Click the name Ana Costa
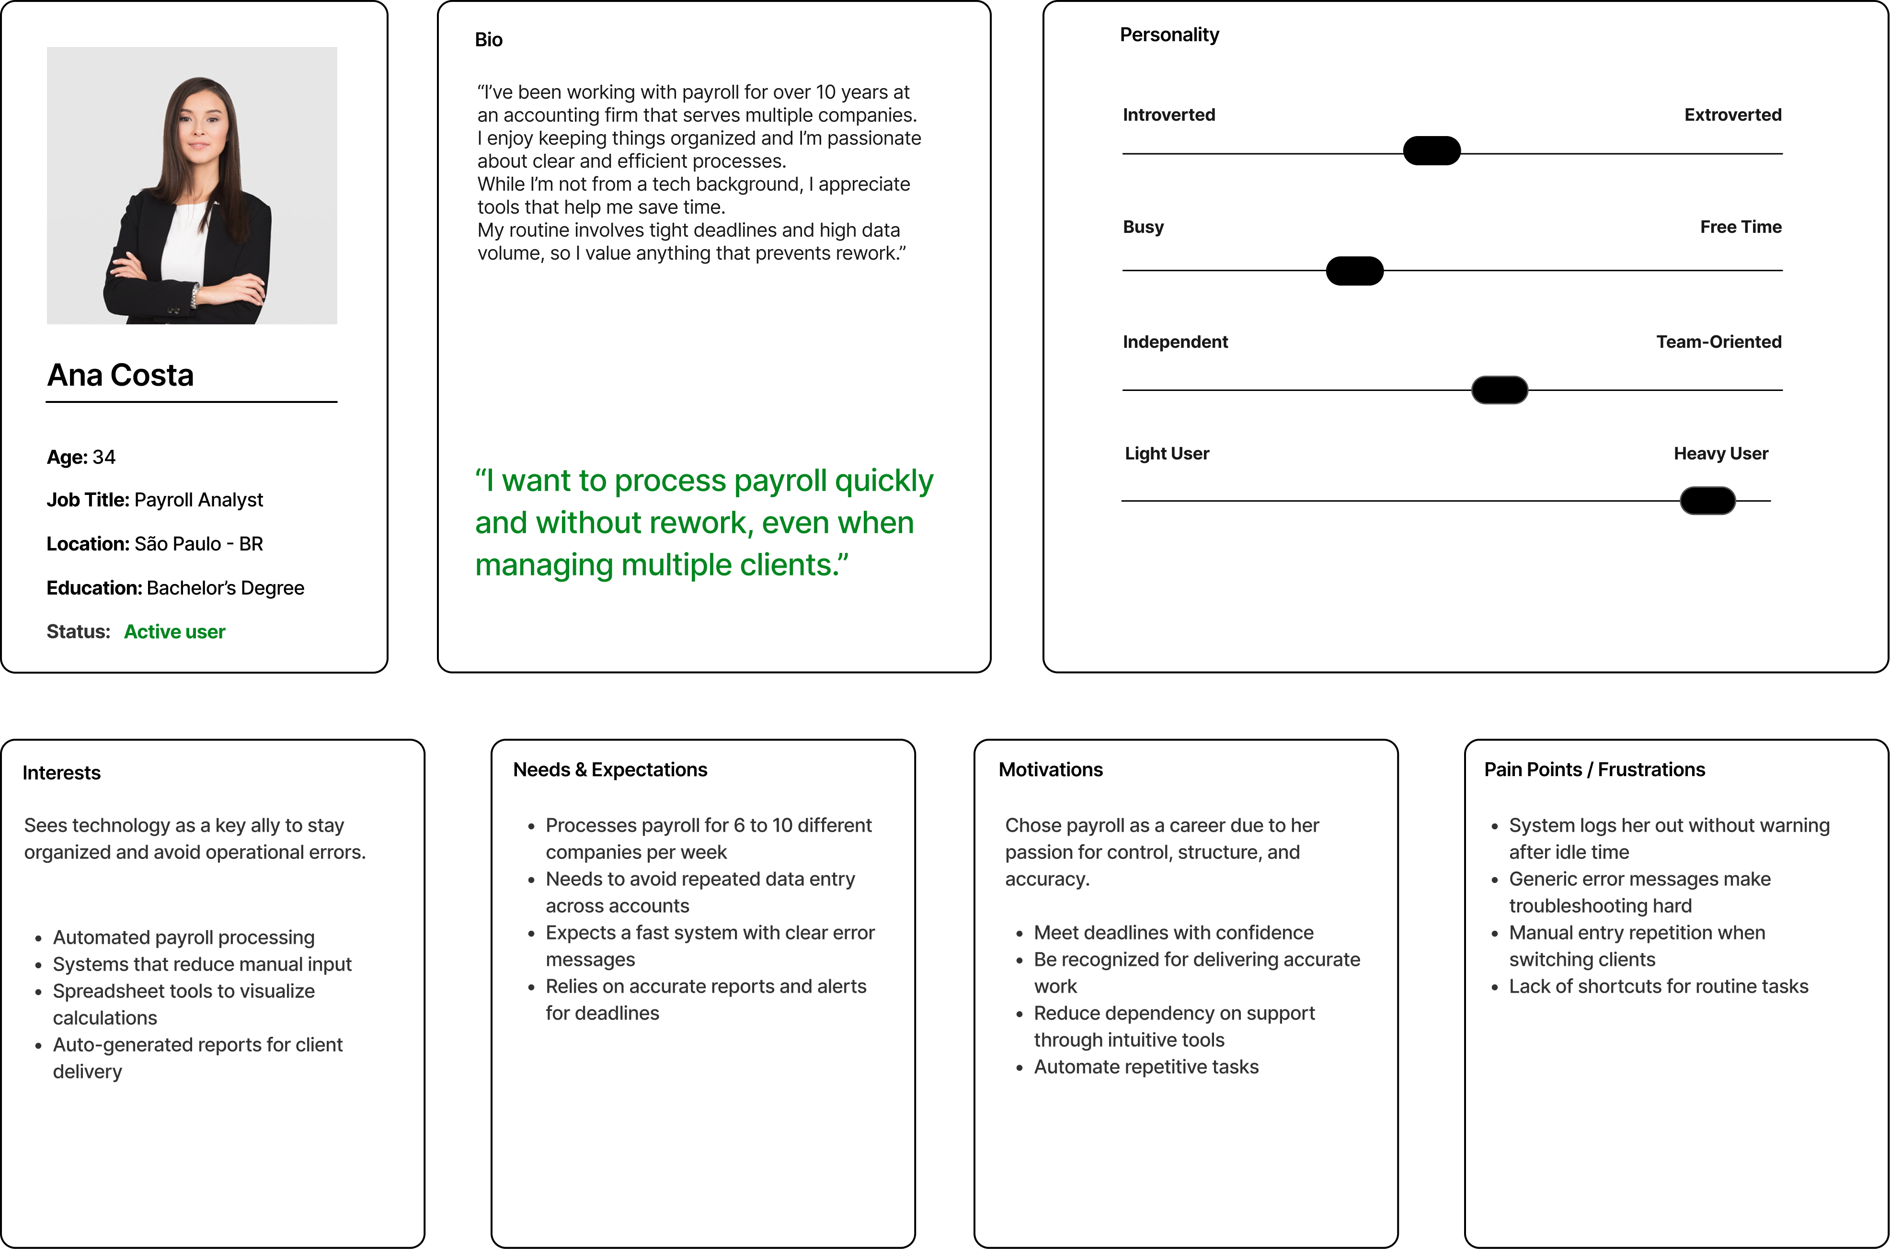point(120,375)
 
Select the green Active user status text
point(174,631)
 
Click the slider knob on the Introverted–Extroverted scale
point(1431,150)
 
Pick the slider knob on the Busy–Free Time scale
point(1354,271)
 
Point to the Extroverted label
point(1732,115)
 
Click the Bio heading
point(488,40)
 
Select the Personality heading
point(1168,35)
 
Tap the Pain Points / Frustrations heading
point(1594,769)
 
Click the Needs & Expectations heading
point(610,769)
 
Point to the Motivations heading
point(1051,769)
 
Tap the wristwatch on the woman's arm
point(195,296)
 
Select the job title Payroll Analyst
point(198,500)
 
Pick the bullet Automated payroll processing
point(183,938)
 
